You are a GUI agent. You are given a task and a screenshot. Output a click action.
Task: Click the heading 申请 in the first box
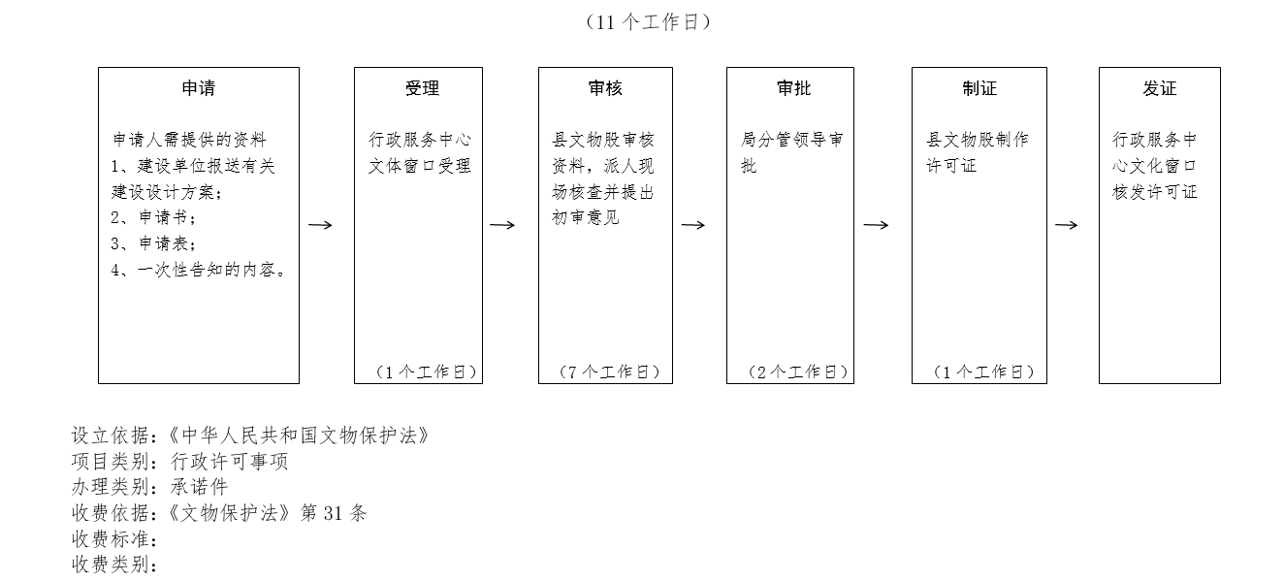coord(199,88)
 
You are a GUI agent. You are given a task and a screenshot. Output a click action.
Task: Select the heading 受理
coord(422,88)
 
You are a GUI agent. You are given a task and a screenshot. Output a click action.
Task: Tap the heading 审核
coord(605,88)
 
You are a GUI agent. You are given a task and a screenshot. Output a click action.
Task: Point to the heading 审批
coord(794,88)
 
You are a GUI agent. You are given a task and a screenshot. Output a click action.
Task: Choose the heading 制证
coord(979,88)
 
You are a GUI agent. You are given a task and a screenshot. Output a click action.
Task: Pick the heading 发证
coord(1160,88)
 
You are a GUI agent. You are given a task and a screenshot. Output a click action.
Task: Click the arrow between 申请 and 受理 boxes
coord(320,225)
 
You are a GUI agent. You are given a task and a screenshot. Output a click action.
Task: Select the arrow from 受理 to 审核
coord(502,225)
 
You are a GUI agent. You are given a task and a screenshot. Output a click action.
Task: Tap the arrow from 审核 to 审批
coord(693,225)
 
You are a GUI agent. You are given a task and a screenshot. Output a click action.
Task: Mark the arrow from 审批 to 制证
coord(877,225)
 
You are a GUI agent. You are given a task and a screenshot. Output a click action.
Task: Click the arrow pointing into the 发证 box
coord(1067,225)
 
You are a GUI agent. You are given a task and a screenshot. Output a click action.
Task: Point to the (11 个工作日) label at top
coord(649,22)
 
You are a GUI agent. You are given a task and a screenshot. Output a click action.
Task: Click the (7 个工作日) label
coord(609,372)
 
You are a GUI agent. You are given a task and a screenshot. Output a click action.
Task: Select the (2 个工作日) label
coord(798,372)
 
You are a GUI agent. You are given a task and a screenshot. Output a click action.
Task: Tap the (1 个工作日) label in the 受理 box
coord(427,372)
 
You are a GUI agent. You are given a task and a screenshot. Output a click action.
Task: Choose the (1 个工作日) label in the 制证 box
coord(983,372)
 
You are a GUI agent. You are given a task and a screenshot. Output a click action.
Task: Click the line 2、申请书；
coord(153,217)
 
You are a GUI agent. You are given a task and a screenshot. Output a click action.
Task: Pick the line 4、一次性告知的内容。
coord(199,270)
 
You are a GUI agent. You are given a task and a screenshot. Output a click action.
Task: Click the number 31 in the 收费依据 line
coord(333,513)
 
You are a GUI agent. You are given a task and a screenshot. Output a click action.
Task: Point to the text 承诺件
coord(200,487)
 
